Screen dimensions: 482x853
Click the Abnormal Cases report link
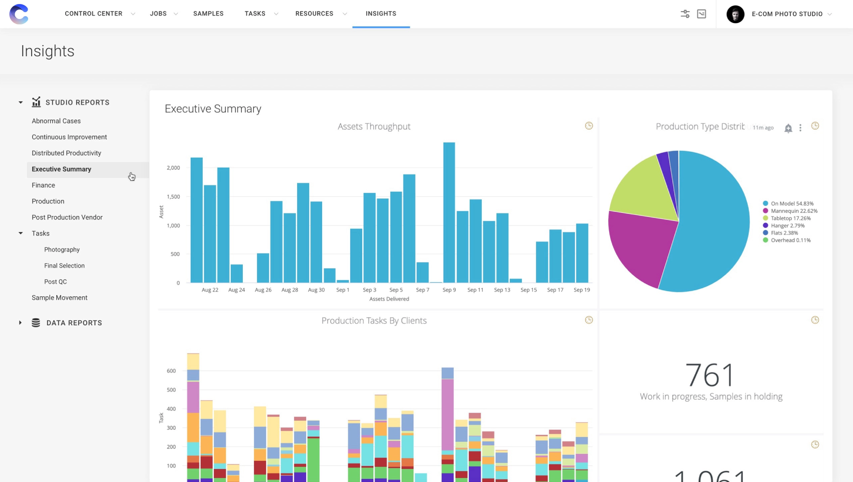(x=56, y=121)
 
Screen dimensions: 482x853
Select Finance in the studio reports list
(x=43, y=185)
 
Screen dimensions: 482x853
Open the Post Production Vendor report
(x=67, y=217)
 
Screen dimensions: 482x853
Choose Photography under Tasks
(x=62, y=250)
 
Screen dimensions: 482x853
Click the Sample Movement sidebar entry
(x=59, y=298)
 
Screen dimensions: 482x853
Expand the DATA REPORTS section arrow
(x=21, y=323)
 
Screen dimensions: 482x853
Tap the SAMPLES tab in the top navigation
(x=208, y=14)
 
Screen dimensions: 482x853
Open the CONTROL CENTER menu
(x=94, y=14)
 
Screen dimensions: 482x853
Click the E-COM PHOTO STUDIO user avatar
(x=735, y=14)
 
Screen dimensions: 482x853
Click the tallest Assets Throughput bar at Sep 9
(x=449, y=211)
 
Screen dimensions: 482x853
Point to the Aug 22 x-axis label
(x=210, y=290)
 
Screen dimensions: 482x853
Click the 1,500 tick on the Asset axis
(x=173, y=197)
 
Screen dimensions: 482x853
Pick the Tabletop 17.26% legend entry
(x=790, y=218)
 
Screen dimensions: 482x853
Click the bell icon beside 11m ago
(x=788, y=129)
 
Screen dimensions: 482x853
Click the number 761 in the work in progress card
(x=710, y=375)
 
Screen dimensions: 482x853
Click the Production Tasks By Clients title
(x=374, y=321)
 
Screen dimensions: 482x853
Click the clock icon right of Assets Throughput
(x=589, y=126)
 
